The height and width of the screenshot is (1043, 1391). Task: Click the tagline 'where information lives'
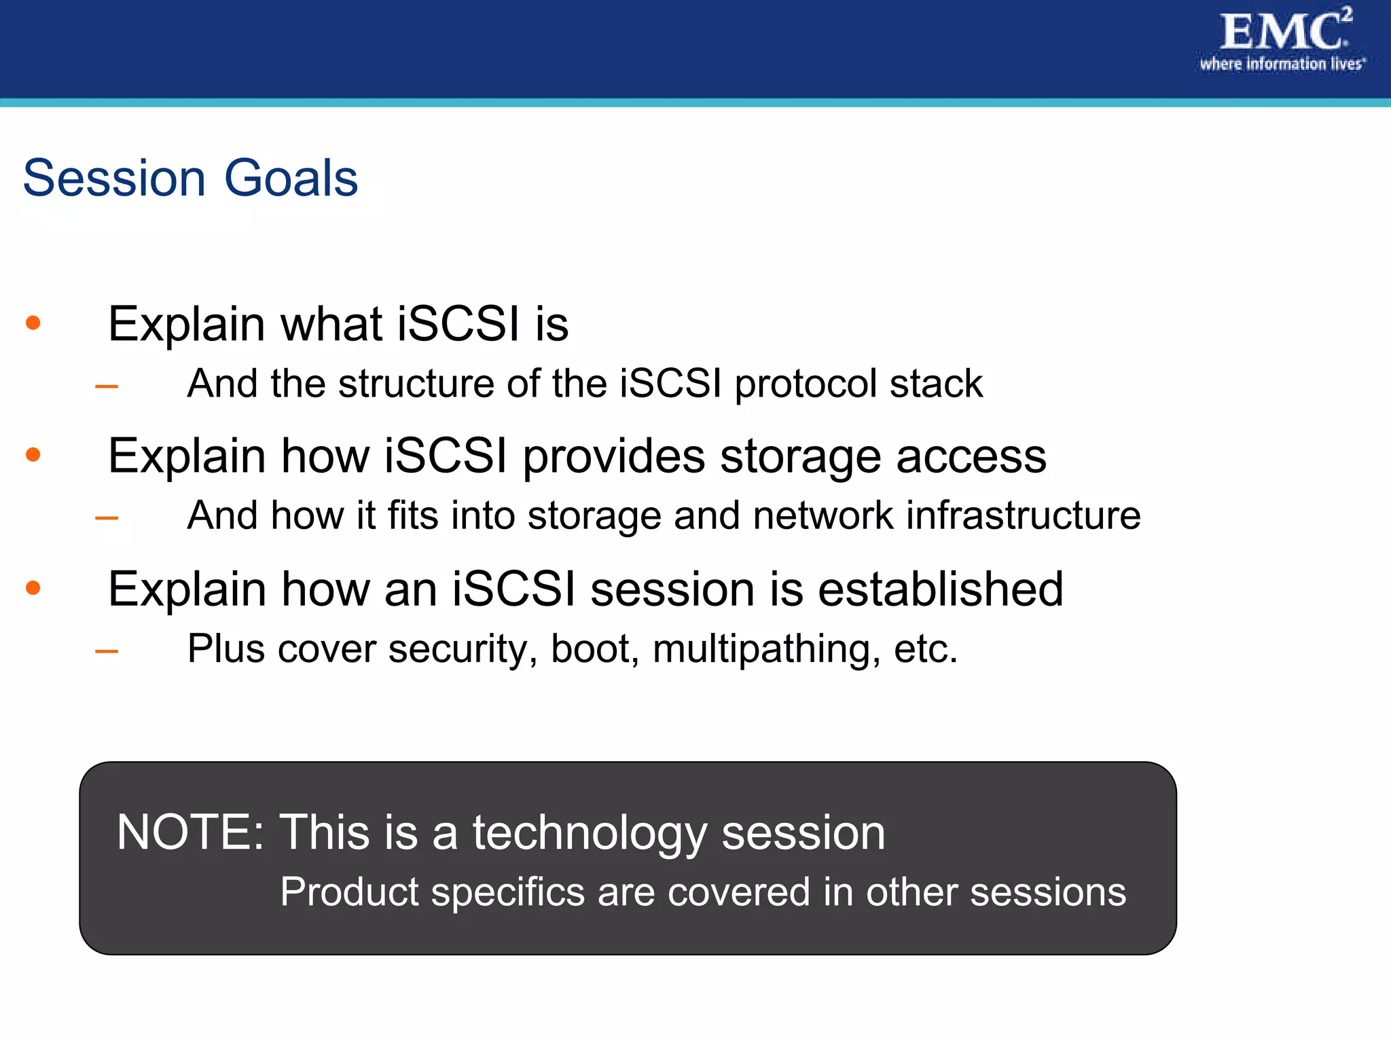(x=1281, y=65)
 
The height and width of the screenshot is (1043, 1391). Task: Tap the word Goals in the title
(x=291, y=179)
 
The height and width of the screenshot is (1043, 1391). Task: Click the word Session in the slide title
(x=114, y=179)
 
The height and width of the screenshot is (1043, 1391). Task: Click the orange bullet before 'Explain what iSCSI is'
(x=33, y=323)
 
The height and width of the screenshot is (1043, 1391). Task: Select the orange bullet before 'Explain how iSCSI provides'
(x=33, y=454)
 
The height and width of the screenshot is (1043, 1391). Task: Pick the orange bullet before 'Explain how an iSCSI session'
(x=33, y=587)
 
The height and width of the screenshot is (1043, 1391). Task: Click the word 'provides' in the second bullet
(x=613, y=456)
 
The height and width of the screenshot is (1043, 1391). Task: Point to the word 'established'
(x=941, y=589)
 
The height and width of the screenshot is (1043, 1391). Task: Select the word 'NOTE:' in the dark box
(x=190, y=832)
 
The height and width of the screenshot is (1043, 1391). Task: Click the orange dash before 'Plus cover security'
(x=107, y=652)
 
